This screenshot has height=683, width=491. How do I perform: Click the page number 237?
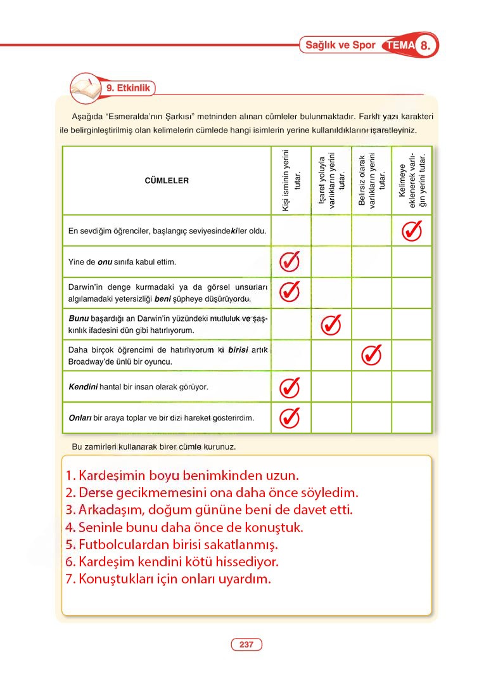246,645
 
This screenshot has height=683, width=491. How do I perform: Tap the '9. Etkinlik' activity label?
128,89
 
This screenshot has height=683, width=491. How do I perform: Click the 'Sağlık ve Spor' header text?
340,46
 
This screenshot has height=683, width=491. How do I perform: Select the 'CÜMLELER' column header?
167,181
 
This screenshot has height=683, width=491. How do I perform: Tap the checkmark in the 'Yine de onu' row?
290,261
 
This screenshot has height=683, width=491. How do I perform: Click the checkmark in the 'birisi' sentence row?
371,355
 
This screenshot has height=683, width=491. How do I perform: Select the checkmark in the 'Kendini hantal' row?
290,386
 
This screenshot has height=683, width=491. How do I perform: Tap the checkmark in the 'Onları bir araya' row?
290,417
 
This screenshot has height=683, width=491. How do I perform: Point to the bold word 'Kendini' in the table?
82,386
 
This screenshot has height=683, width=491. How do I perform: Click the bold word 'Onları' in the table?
80,418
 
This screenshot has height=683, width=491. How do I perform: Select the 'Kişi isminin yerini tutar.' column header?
291,181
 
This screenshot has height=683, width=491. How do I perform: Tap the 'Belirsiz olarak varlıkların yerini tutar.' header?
372,181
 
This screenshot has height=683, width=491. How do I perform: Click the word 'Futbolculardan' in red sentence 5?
119,544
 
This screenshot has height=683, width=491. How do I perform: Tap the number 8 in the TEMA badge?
426,46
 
